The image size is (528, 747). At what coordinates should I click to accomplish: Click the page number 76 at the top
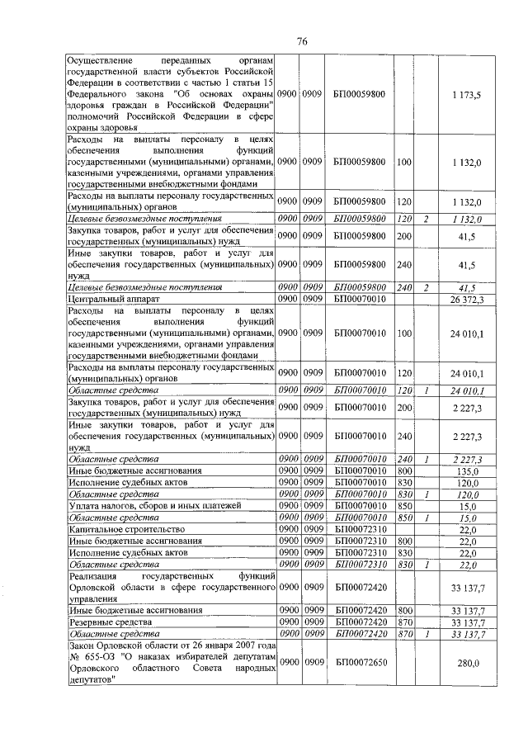point(303,42)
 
